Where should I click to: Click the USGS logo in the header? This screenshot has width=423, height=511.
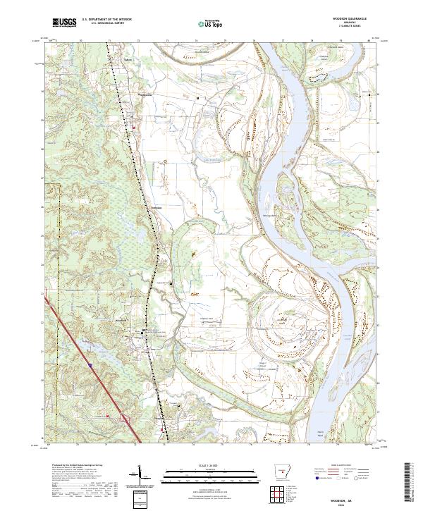64,23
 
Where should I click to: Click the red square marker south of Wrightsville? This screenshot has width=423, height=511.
133,127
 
